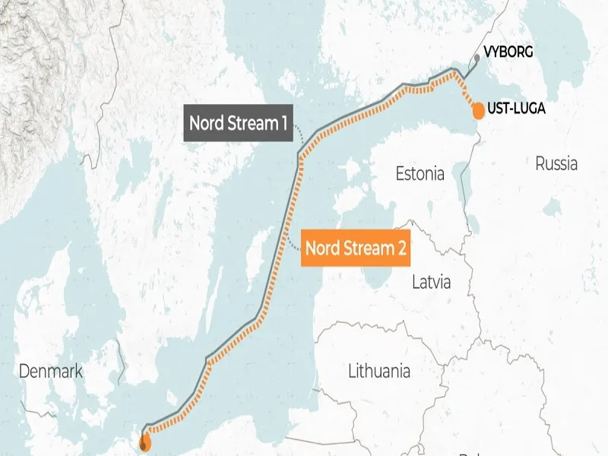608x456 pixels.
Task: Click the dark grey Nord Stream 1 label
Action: point(238,124)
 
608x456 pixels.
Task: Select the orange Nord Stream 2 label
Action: point(356,248)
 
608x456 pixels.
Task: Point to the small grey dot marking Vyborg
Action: point(477,57)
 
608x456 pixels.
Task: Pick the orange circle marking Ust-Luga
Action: point(478,111)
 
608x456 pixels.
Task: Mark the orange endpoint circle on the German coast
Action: point(145,444)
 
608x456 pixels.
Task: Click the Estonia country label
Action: point(420,174)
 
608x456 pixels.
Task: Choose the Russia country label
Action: point(556,163)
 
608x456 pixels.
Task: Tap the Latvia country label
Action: point(431,283)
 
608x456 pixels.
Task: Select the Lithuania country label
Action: point(378,372)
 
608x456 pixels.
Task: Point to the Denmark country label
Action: point(50,372)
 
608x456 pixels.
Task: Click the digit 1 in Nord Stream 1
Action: point(283,124)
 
